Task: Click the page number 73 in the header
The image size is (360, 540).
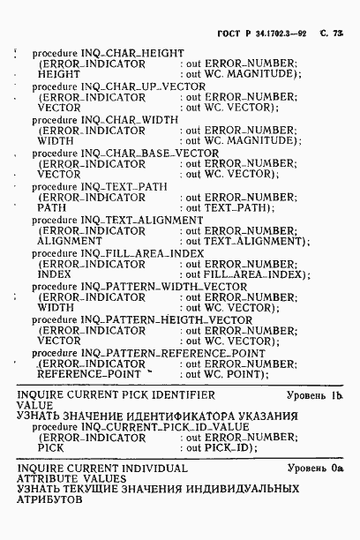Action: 338,33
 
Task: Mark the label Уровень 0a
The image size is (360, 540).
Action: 315,469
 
